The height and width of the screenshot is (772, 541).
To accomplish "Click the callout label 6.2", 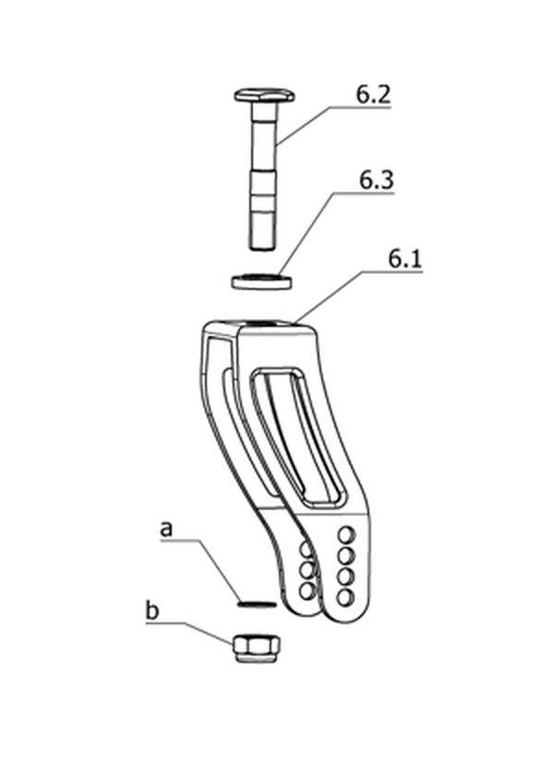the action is pos(373,94).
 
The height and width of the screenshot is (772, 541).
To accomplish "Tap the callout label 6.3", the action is pos(377,180).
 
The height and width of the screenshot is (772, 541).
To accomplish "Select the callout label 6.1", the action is pos(405,259).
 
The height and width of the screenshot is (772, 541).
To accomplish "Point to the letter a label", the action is pos(167,529).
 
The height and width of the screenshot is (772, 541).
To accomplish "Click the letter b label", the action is pos(152,610).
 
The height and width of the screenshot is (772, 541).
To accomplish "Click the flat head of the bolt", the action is pos(264,95).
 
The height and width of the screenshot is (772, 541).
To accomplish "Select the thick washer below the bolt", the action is pos(261,281).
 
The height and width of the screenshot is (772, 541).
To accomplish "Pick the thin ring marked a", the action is pos(257,603).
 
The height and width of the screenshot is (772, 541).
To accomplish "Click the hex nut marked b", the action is pos(257,648).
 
